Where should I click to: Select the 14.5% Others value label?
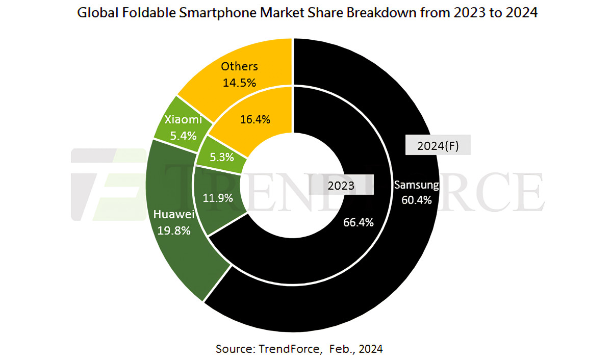(x=239, y=82)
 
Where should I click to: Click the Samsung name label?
(x=416, y=185)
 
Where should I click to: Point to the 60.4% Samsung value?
(x=416, y=200)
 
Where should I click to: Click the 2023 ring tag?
(x=341, y=186)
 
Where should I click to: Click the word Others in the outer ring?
(x=239, y=67)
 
